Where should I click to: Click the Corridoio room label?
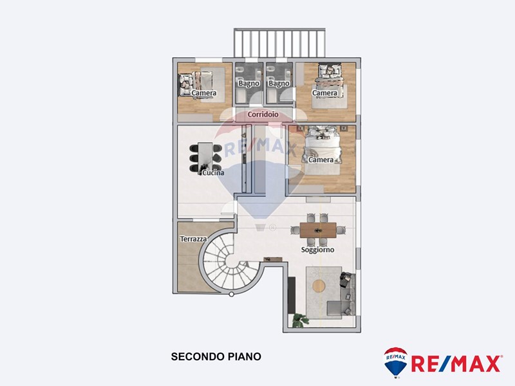tap(263, 115)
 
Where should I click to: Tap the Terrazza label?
tap(194, 239)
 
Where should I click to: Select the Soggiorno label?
tap(317, 250)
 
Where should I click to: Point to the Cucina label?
tap(213, 172)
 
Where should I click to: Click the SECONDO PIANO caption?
tap(216, 356)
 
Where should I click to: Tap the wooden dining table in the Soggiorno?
tap(318, 230)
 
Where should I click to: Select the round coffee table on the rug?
tap(319, 286)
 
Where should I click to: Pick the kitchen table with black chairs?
tap(205, 158)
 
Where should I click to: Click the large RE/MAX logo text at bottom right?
tap(456, 363)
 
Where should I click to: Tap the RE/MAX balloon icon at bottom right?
tap(396, 362)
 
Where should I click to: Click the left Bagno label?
tap(249, 84)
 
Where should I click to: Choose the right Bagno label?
tap(279, 84)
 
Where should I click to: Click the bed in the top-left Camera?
tap(196, 84)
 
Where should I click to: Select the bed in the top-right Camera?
tap(330, 80)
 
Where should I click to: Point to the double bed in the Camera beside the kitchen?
tap(324, 151)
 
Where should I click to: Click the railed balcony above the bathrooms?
tap(279, 43)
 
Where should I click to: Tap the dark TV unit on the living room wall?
tap(292, 295)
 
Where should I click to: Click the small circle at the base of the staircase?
tap(231, 295)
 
